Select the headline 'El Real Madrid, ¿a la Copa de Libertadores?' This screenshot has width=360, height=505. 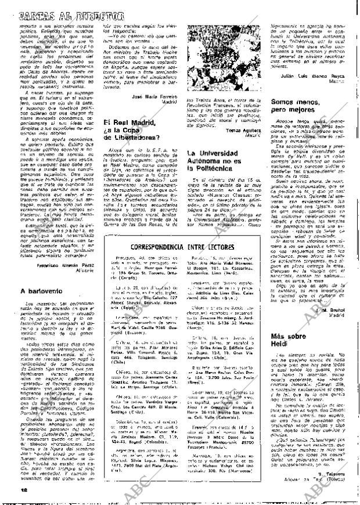pyautogui.click(x=129, y=146)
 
